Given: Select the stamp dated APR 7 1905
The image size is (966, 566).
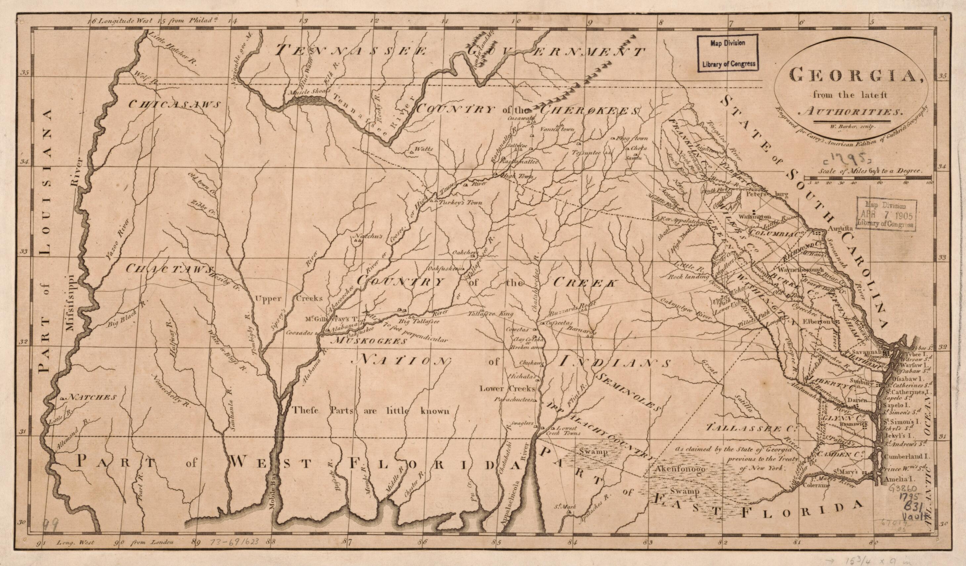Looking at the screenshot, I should click(x=886, y=215).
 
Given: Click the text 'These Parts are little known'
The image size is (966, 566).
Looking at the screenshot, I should click(x=370, y=411).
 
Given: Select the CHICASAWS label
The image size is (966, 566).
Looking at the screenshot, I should click(x=174, y=104).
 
